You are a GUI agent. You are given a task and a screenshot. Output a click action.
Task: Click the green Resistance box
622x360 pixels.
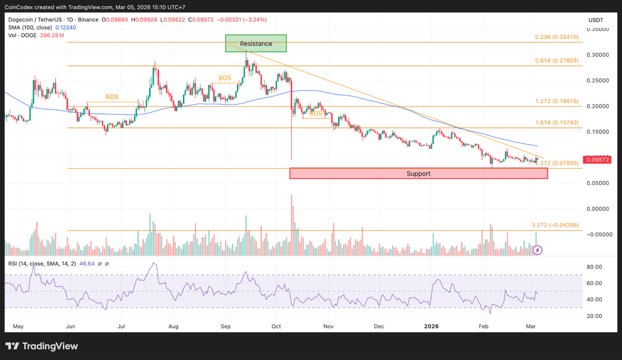tap(256, 44)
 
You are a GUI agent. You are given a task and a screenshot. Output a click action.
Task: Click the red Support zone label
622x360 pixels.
tap(418, 173)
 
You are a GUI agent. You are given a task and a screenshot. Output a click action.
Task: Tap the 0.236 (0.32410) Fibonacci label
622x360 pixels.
tap(557, 37)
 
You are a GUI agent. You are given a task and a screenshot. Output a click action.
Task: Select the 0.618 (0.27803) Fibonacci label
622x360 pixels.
tap(557, 60)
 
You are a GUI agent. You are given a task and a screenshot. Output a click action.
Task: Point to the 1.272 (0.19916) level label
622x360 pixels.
tap(557, 101)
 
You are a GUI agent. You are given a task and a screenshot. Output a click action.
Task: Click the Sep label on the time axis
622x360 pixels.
tap(226, 326)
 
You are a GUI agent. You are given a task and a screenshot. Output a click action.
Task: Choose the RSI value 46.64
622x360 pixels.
tap(87, 264)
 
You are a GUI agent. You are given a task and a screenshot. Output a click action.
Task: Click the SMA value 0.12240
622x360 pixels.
tap(66, 27)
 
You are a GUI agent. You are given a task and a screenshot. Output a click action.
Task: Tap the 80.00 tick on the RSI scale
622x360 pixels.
tap(594, 267)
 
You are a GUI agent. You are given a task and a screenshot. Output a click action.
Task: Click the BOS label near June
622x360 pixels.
tap(112, 97)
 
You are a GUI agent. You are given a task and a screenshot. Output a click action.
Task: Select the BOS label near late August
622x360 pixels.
tap(225, 78)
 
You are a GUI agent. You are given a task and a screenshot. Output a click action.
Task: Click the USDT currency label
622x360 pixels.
tap(596, 20)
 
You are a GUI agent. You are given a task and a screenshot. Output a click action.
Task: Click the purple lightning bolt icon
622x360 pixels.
tap(538, 250)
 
